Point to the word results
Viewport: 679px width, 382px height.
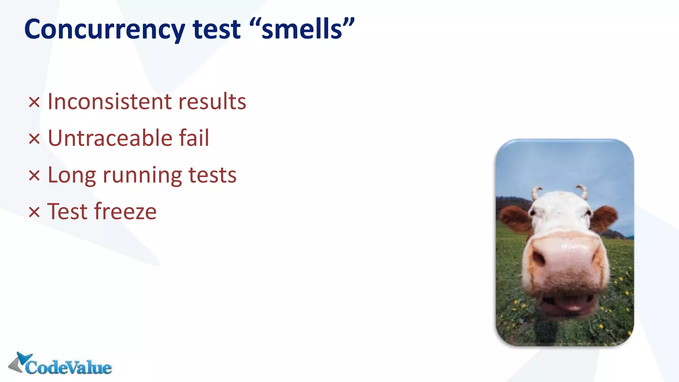coord(212,101)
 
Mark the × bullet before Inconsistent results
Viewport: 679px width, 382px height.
coord(34,102)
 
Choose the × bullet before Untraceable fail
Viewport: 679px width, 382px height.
coord(34,139)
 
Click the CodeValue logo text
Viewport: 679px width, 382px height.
coord(68,367)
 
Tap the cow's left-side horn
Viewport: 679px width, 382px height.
coord(536,192)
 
